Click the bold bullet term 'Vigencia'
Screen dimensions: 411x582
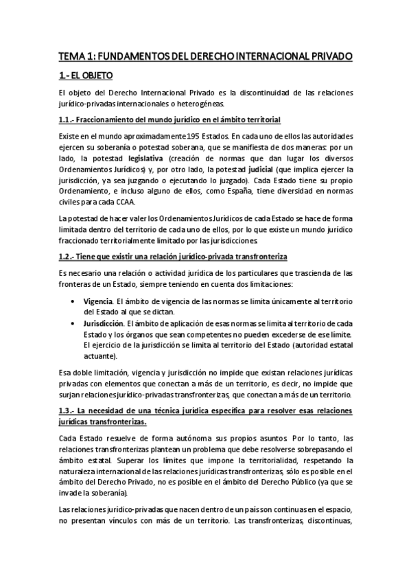97,300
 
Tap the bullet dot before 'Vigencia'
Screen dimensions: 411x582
73,301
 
